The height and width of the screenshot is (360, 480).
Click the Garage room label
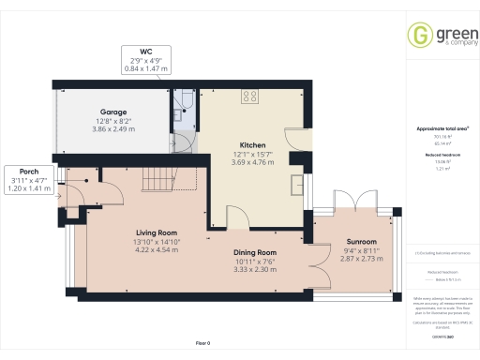pos(113,111)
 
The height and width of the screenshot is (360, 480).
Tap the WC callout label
pos(145,52)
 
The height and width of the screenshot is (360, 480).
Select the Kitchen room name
pos(252,145)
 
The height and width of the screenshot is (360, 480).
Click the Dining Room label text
pos(255,252)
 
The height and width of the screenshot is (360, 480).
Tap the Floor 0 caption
pos(203,343)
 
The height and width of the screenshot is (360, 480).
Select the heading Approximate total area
pos(442,128)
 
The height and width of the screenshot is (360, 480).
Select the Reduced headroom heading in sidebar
pos(442,154)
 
